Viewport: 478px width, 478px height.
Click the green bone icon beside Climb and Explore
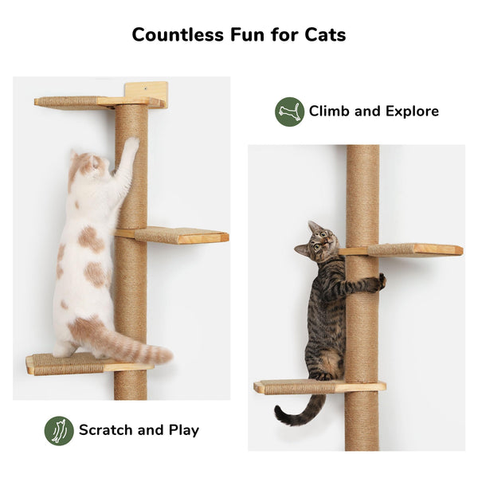click(289, 112)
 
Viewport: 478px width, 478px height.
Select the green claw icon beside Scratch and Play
click(59, 430)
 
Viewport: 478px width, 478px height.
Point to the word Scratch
click(106, 430)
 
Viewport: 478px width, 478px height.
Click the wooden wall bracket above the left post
click(147, 90)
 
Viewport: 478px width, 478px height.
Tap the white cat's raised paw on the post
click(130, 146)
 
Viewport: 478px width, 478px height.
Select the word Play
click(182, 430)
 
